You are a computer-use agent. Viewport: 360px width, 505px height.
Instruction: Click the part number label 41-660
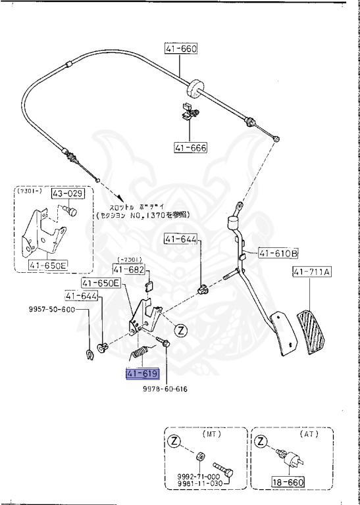(181, 49)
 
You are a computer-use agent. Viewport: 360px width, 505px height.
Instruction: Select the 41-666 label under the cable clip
(190, 148)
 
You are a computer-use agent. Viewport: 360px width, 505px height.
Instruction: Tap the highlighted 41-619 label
(143, 374)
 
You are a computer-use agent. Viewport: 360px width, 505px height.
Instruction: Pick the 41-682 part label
(128, 269)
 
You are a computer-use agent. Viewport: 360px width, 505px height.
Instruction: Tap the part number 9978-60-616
(165, 389)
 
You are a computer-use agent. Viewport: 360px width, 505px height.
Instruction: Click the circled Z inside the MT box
(174, 442)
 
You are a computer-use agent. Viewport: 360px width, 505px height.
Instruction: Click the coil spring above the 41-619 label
(140, 354)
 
